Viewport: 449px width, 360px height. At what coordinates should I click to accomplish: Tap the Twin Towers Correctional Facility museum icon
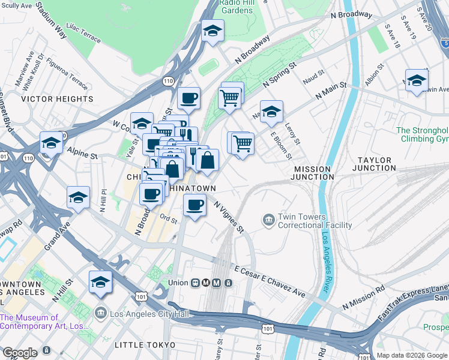(x=268, y=221)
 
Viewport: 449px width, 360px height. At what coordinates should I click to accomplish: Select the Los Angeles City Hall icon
(x=101, y=313)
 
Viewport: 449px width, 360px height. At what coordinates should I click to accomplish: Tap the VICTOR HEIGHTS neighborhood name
(x=58, y=99)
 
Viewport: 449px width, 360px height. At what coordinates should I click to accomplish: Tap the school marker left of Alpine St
(x=52, y=143)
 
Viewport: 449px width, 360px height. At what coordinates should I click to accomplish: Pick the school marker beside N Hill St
(x=101, y=282)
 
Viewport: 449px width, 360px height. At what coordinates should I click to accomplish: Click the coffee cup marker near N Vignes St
(x=194, y=205)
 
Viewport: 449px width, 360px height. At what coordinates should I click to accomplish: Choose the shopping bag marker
(x=207, y=160)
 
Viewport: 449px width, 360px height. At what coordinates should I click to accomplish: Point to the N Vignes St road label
(x=229, y=217)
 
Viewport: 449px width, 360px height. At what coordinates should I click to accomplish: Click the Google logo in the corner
(x=20, y=353)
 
